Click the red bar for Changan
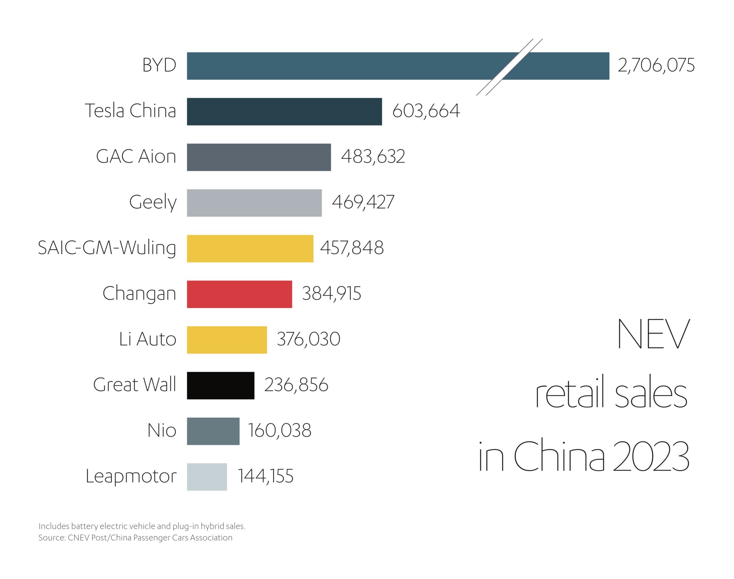[239, 294]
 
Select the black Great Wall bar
[220, 385]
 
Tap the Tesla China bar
[284, 111]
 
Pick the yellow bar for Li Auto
[227, 340]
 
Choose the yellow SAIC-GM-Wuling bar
[250, 248]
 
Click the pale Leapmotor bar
[207, 476]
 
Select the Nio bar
[213, 431]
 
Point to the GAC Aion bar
[259, 157]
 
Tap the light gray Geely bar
[254, 203]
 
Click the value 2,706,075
[656, 66]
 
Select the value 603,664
[426, 111]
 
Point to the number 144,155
[266, 476]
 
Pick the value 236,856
[296, 385]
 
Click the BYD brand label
[159, 65]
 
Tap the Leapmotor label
[131, 476]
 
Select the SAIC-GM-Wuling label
[107, 248]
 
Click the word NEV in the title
[653, 334]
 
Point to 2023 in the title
[650, 456]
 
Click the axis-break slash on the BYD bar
[509, 67]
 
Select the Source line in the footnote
[135, 538]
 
